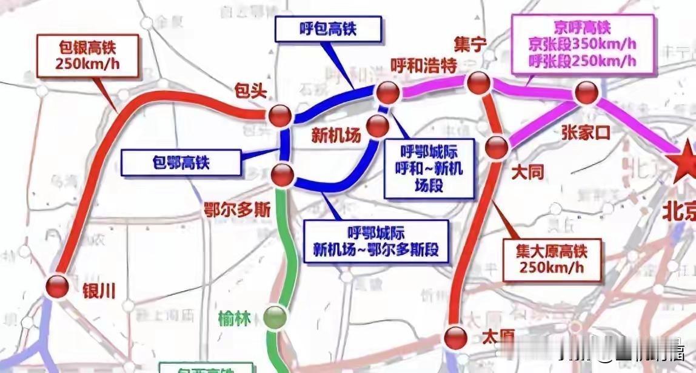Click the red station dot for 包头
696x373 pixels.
(281, 115)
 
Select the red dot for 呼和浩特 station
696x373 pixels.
(387, 93)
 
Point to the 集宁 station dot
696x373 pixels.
(478, 83)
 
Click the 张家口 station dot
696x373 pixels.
(586, 93)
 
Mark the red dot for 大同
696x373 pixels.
(497, 147)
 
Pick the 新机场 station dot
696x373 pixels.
(379, 125)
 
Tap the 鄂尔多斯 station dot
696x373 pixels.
(282, 175)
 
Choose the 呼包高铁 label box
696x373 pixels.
(328, 28)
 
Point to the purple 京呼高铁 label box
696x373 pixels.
(583, 44)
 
